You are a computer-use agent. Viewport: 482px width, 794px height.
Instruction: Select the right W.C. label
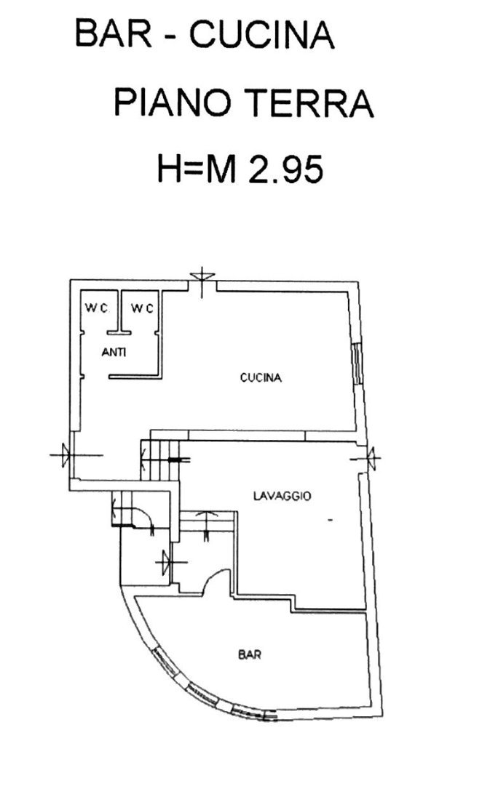click(x=142, y=308)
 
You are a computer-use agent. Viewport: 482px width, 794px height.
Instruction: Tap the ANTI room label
click(x=114, y=353)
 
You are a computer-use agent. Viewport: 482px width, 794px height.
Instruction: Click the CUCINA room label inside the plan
click(x=261, y=378)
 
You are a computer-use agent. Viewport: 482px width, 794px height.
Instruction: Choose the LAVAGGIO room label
click(x=283, y=496)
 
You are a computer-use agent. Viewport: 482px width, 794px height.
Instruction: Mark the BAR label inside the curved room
click(x=250, y=654)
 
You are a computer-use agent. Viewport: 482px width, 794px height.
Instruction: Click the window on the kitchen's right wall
click(x=357, y=364)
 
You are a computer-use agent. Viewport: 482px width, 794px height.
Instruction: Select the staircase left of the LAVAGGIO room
click(x=159, y=460)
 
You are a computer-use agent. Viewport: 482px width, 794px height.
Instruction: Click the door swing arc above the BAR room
click(x=216, y=578)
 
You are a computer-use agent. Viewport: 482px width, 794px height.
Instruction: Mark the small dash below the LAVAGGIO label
click(x=330, y=520)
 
